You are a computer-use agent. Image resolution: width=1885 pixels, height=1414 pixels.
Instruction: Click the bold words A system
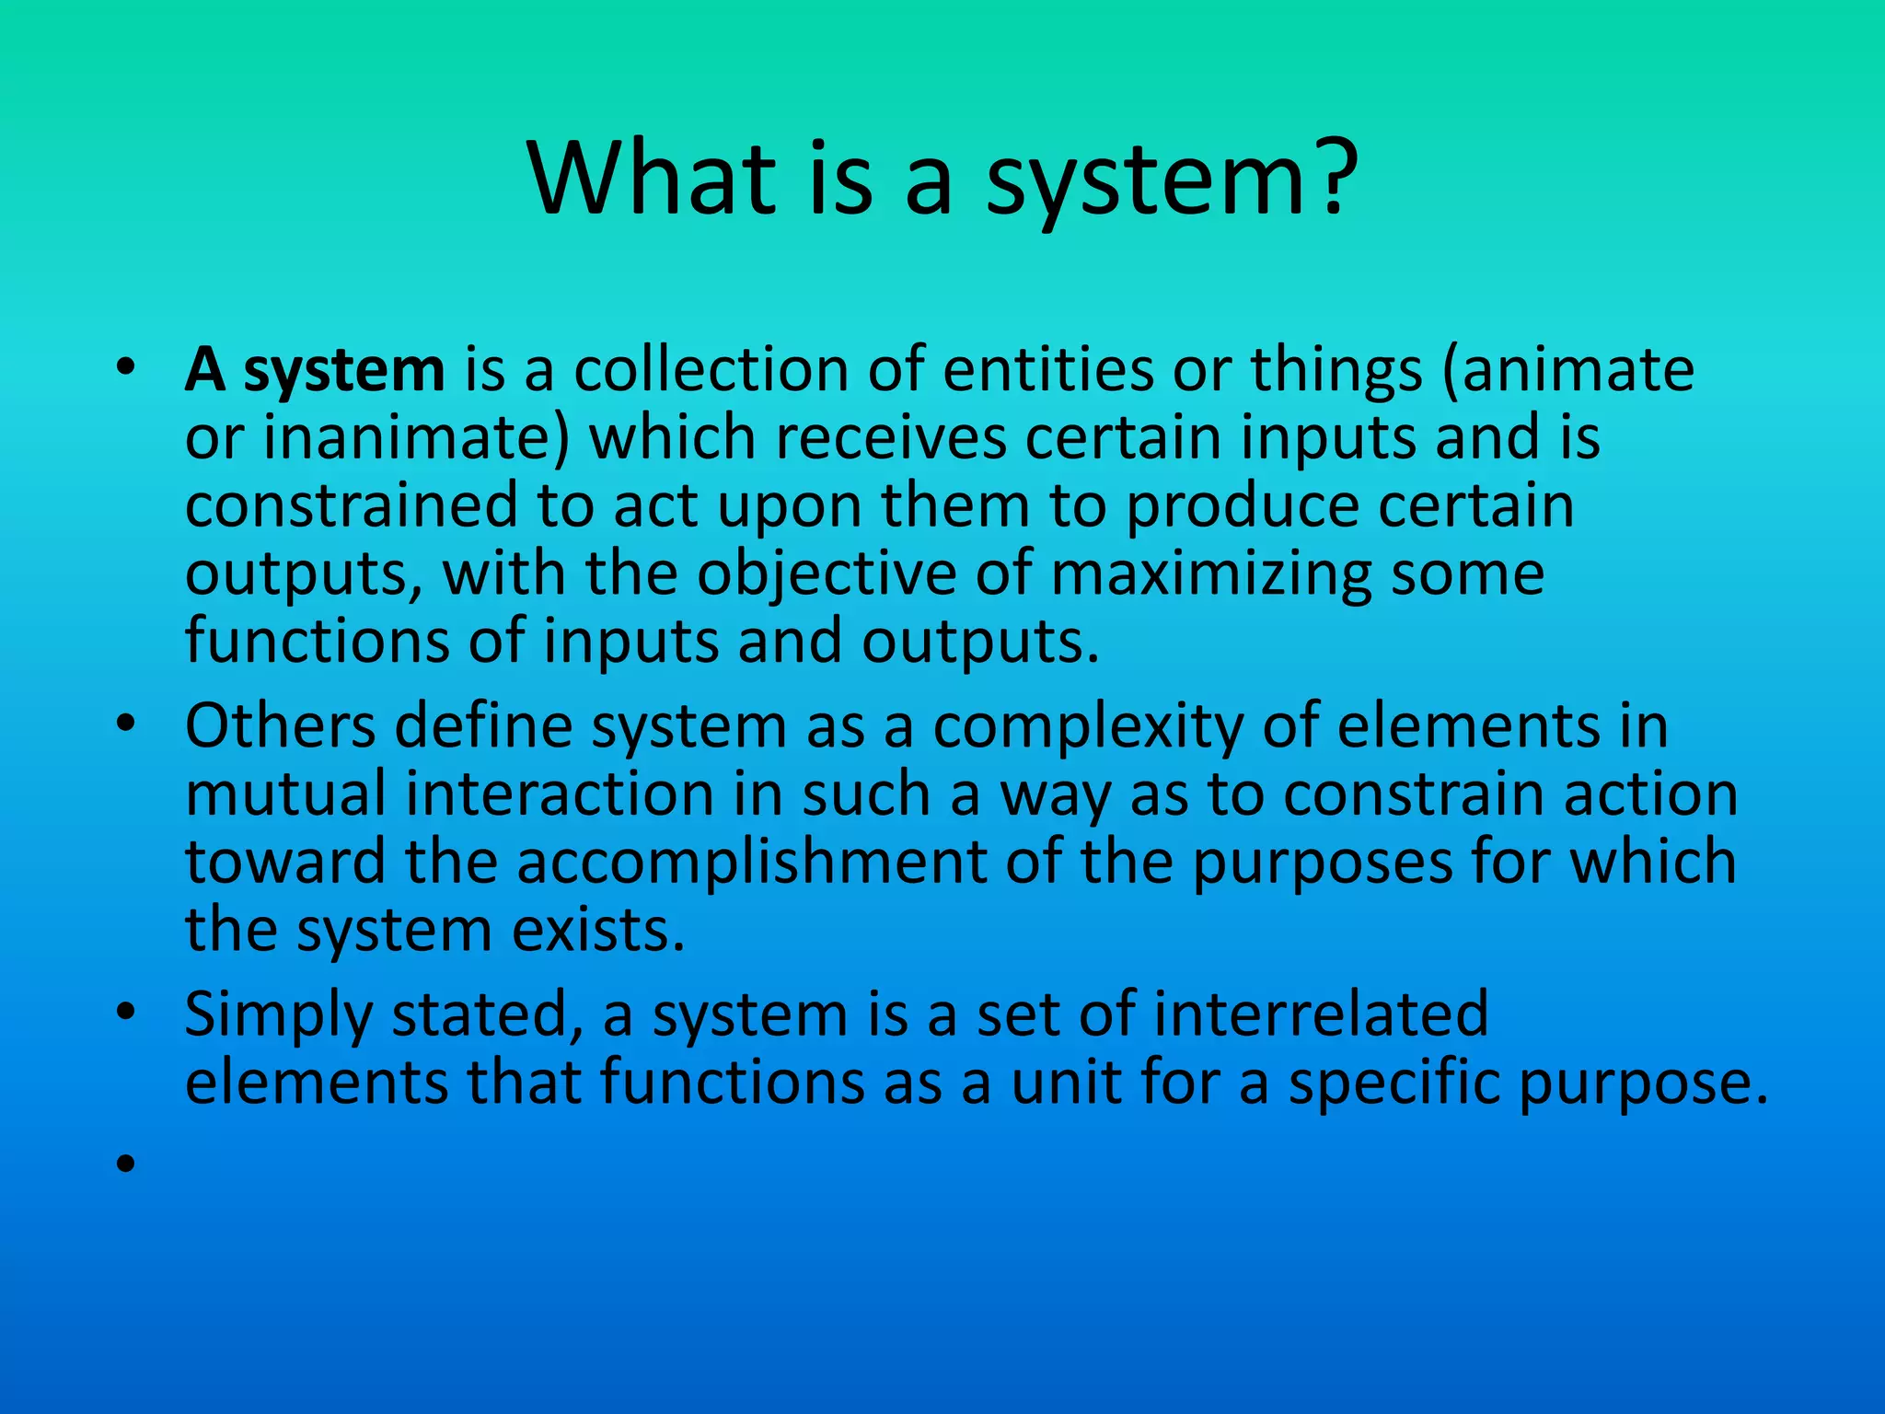(x=315, y=370)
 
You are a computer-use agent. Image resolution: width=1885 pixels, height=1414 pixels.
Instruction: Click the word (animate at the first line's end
(x=1568, y=370)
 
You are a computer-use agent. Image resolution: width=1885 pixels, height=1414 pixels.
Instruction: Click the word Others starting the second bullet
(x=281, y=727)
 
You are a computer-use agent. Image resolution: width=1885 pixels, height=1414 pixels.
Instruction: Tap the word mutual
(x=285, y=795)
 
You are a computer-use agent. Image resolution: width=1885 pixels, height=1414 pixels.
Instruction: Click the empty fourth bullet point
(x=126, y=1165)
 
